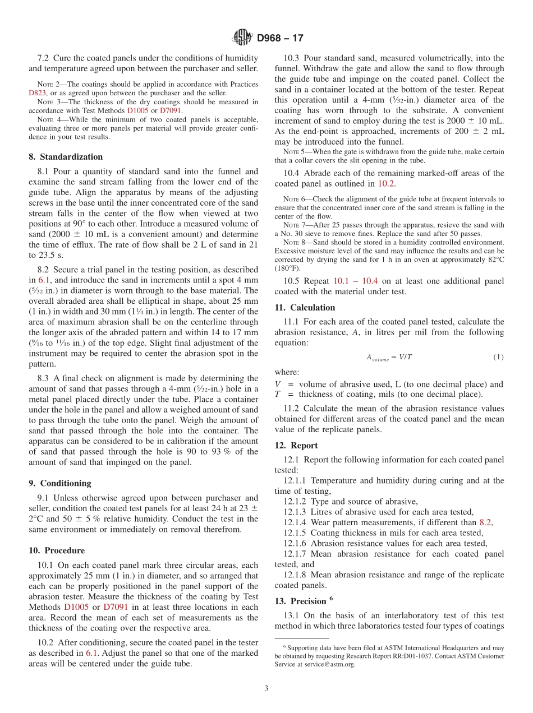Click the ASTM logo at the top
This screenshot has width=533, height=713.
click(x=242, y=38)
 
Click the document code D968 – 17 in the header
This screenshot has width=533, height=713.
click(x=280, y=38)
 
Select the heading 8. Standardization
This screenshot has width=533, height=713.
click(x=66, y=157)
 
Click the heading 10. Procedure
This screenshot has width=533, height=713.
click(x=57, y=550)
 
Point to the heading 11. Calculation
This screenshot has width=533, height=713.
click(x=305, y=307)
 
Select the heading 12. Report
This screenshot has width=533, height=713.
click(x=296, y=445)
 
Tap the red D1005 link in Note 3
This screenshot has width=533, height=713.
click(x=138, y=110)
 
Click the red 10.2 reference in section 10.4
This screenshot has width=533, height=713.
click(x=385, y=183)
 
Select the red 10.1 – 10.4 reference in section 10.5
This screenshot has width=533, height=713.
click(x=356, y=280)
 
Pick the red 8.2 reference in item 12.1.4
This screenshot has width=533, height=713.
click(x=486, y=522)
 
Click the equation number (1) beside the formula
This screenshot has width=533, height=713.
click(x=498, y=357)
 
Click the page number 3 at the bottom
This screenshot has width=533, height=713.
click(x=266, y=688)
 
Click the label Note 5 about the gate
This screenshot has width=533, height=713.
click(x=293, y=152)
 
